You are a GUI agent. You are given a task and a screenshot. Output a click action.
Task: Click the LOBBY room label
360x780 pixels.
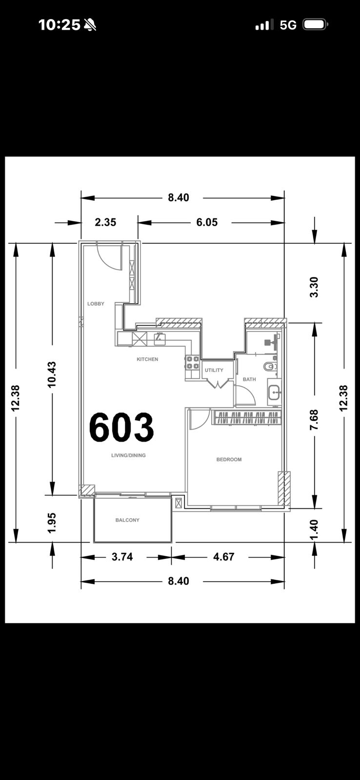pos(96,304)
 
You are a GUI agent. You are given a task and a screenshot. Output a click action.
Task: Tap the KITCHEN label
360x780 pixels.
pos(147,359)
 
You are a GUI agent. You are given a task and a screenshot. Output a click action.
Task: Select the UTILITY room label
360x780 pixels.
pos(214,370)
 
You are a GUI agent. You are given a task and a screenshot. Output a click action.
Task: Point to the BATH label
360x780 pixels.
pos(249,379)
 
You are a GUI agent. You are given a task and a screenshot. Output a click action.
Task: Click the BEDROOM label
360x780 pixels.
pos(229,459)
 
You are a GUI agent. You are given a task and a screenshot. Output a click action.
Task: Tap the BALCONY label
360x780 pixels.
pos(127,520)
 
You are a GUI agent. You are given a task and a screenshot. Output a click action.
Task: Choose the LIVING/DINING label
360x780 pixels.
pos(128,455)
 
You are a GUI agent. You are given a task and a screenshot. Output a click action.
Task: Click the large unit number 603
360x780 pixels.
pos(121,427)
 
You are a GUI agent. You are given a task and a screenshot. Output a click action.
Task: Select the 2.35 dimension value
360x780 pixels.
pos(105,222)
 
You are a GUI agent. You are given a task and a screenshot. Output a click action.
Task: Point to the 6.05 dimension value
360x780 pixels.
pos(207,222)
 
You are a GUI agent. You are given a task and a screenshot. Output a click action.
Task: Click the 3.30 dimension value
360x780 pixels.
pos(314,287)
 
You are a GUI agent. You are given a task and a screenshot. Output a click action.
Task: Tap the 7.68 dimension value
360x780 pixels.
pos(314,420)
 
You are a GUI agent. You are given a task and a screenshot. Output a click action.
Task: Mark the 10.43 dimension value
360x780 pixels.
pos(52,375)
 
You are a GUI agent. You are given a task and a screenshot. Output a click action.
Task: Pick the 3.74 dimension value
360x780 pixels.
pos(122,557)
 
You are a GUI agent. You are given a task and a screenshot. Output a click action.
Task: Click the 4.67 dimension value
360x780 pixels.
pos(224,557)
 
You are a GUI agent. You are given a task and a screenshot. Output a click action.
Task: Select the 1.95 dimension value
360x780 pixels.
pos(52,523)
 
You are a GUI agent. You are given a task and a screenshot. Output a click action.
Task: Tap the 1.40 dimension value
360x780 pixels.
pos(314,529)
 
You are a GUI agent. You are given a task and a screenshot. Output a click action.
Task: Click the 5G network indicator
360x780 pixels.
pos(288,25)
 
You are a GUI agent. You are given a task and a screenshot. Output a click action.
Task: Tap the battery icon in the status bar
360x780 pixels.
pos(316,25)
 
